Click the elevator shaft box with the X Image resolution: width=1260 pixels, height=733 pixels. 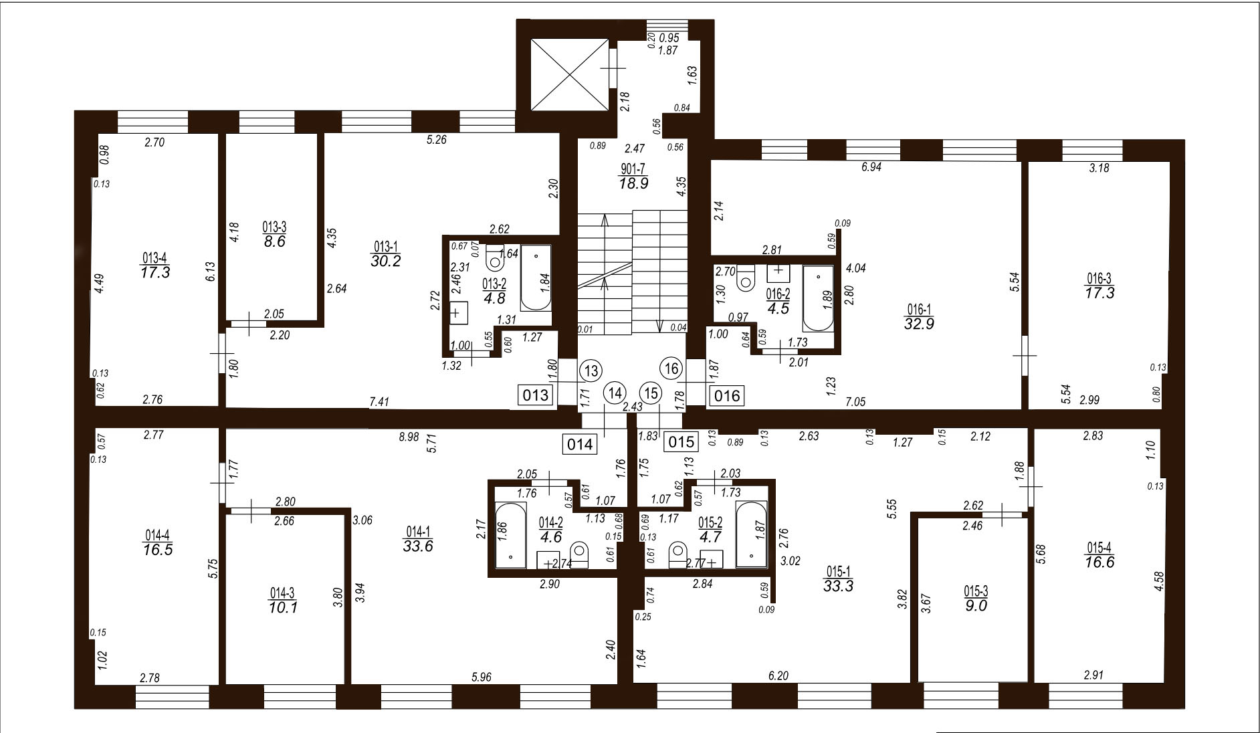click(568, 74)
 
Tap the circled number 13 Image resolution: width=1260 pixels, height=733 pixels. click(591, 370)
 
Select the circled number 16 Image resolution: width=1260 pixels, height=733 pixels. click(672, 369)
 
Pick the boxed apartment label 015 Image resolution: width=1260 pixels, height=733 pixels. click(681, 441)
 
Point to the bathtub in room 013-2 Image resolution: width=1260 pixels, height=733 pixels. click(536, 278)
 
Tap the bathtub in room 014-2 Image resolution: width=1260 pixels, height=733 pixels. click(510, 535)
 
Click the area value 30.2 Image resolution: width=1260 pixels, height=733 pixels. click(386, 261)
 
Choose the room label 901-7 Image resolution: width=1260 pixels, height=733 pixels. click(633, 169)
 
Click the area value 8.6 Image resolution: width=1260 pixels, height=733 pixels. click(274, 241)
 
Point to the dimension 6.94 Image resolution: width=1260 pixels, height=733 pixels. click(872, 168)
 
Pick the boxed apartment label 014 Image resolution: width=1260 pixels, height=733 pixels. click(580, 444)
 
